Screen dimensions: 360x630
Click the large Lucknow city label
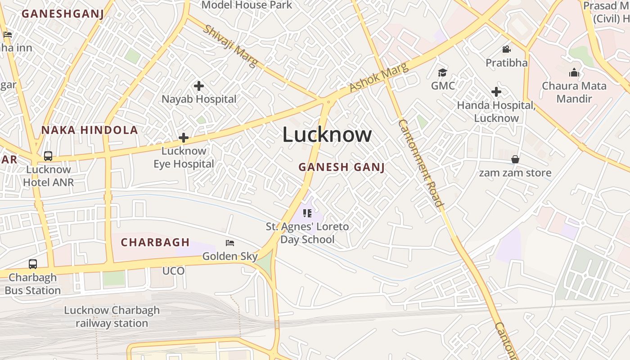tap(327, 135)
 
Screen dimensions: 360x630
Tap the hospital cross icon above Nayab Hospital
tap(199, 85)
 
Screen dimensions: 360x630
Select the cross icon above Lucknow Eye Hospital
tap(184, 138)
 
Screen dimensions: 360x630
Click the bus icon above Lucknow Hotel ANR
tap(48, 156)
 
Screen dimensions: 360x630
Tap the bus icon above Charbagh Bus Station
tap(33, 264)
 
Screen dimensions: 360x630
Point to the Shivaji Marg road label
tap(230, 46)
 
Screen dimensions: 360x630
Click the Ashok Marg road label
tap(379, 77)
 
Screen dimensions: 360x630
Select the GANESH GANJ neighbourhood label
tap(342, 167)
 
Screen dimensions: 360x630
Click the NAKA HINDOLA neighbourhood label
tap(90, 130)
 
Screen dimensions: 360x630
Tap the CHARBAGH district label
tap(155, 243)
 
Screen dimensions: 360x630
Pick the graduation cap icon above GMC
tap(443, 73)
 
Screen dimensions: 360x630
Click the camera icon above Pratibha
tap(507, 49)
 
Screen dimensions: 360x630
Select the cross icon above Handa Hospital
tap(496, 92)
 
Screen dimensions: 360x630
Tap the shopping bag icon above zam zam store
tap(515, 160)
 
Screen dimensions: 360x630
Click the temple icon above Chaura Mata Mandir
tap(574, 73)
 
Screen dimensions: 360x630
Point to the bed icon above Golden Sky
tap(230, 243)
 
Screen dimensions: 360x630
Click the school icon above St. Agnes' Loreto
tap(307, 213)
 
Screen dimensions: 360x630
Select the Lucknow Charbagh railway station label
tap(112, 317)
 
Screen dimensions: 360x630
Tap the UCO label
tap(174, 271)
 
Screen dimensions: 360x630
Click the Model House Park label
tap(247, 5)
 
